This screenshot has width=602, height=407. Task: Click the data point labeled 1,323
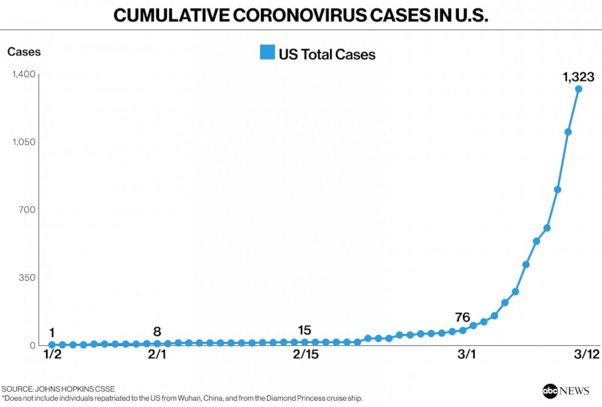point(578,89)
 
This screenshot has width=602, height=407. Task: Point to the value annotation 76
point(463,317)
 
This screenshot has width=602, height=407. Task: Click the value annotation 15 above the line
point(305,330)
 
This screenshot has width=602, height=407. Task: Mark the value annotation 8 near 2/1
point(157,332)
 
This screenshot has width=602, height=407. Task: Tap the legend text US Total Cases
point(327,55)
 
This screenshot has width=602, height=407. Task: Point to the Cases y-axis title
point(24,52)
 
